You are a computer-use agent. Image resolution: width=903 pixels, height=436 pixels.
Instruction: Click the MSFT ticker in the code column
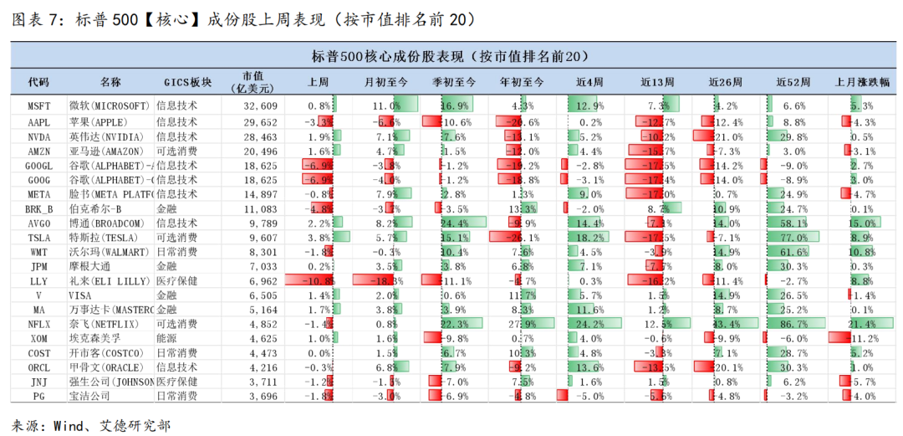pyautogui.click(x=38, y=106)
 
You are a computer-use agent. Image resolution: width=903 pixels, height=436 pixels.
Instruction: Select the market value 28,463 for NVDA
pyautogui.click(x=260, y=136)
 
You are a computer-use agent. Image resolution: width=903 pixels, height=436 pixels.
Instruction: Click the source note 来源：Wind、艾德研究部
pyautogui.click(x=91, y=425)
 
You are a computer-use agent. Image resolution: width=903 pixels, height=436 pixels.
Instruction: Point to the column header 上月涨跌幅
pyautogui.click(x=861, y=82)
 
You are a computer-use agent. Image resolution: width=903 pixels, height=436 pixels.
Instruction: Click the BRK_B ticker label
pyautogui.click(x=38, y=208)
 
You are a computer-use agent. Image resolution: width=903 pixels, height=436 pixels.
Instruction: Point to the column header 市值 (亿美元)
pyautogui.click(x=254, y=82)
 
